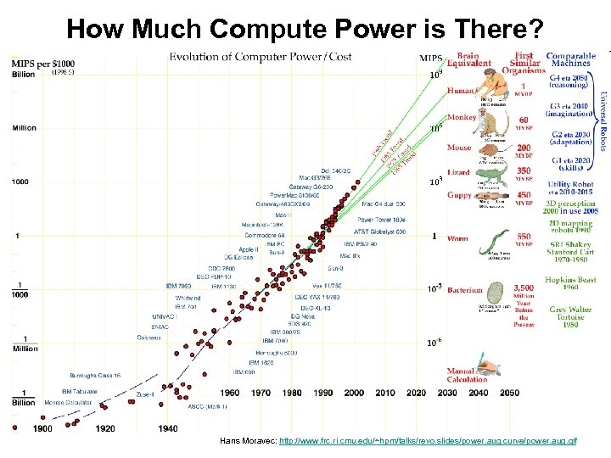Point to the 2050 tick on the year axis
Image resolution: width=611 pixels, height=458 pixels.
[x=508, y=394]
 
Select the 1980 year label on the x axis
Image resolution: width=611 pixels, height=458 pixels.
[x=292, y=394]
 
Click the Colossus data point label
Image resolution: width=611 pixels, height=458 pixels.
[x=149, y=338]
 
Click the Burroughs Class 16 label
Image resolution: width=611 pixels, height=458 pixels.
[x=95, y=374]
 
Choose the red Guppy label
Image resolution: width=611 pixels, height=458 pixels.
[x=459, y=196]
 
